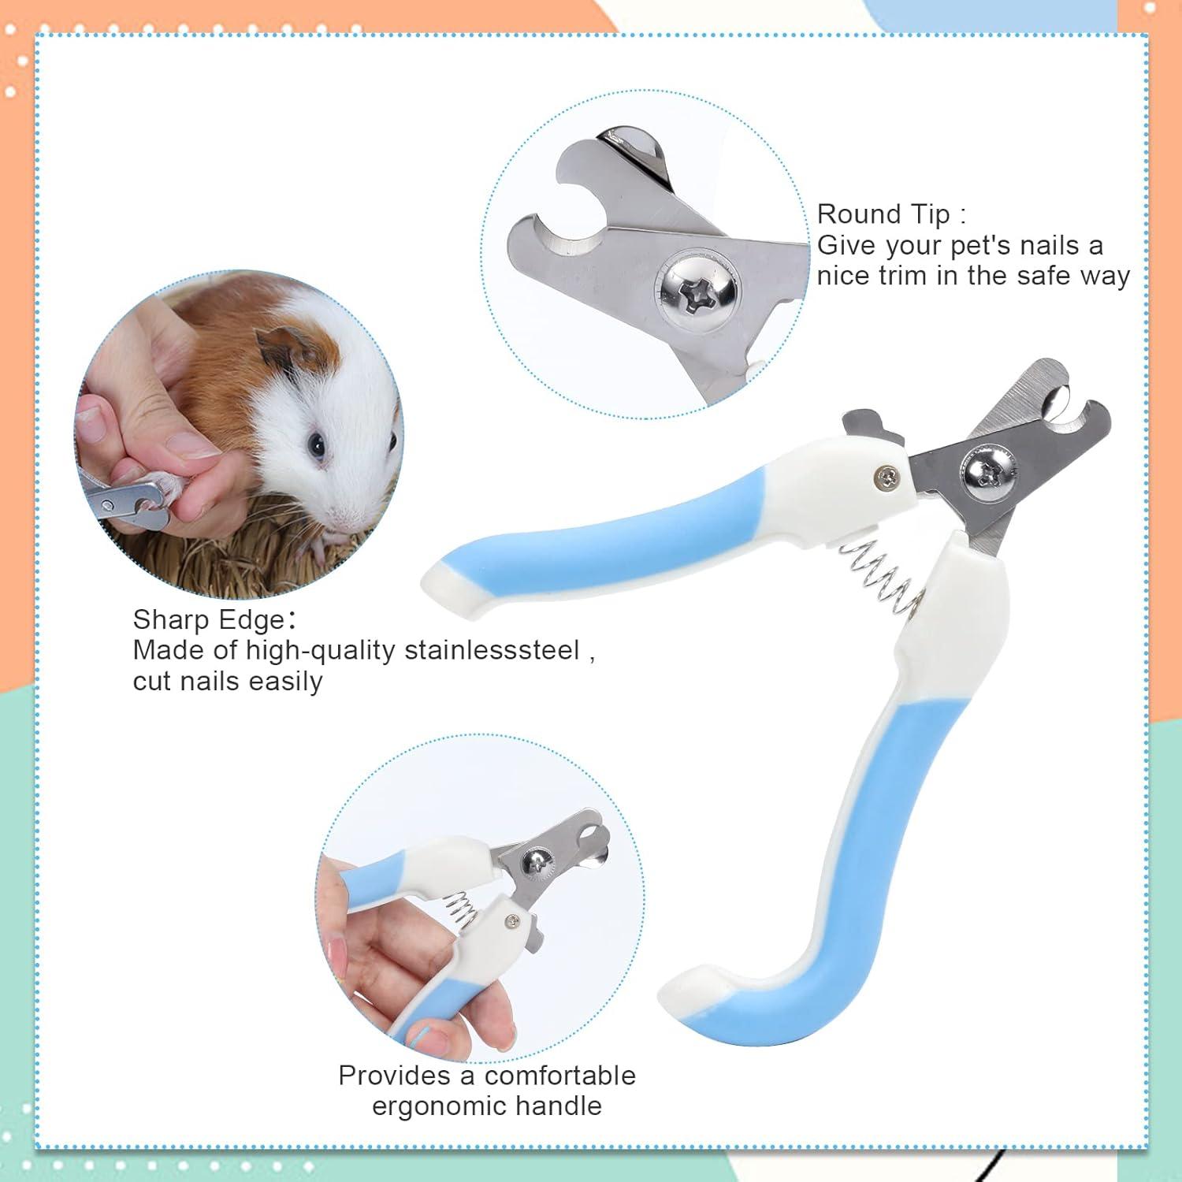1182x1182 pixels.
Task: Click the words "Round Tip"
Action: [883, 214]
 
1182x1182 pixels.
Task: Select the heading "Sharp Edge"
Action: [209, 619]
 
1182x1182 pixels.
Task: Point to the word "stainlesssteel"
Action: [492, 650]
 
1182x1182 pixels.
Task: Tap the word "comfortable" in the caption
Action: [560, 1075]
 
